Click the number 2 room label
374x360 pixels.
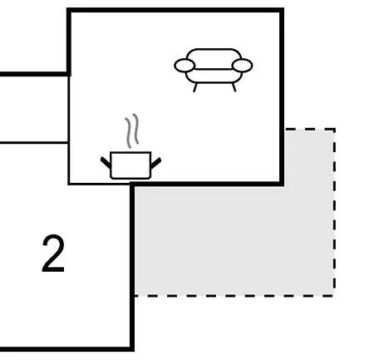[53, 254]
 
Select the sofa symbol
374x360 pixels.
[213, 70]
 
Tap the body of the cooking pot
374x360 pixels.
[130, 165]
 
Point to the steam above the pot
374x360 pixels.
[132, 131]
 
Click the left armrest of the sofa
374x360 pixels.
[185, 66]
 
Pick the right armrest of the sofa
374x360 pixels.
[242, 66]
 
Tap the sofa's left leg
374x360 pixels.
[194, 87]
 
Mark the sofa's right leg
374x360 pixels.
[234, 87]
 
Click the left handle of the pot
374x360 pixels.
[106, 162]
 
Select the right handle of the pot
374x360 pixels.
[155, 163]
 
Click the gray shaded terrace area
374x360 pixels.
[234, 239]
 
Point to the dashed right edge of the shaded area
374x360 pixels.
[335, 212]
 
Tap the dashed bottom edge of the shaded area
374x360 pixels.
[234, 296]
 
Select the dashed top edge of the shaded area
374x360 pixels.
[310, 129]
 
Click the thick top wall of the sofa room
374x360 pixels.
[175, 10]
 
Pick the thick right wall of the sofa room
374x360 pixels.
[282, 97]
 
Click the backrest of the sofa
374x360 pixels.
[214, 59]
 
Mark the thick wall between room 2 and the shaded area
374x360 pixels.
[132, 267]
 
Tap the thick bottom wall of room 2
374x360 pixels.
[67, 349]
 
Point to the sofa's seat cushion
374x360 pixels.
[214, 76]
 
